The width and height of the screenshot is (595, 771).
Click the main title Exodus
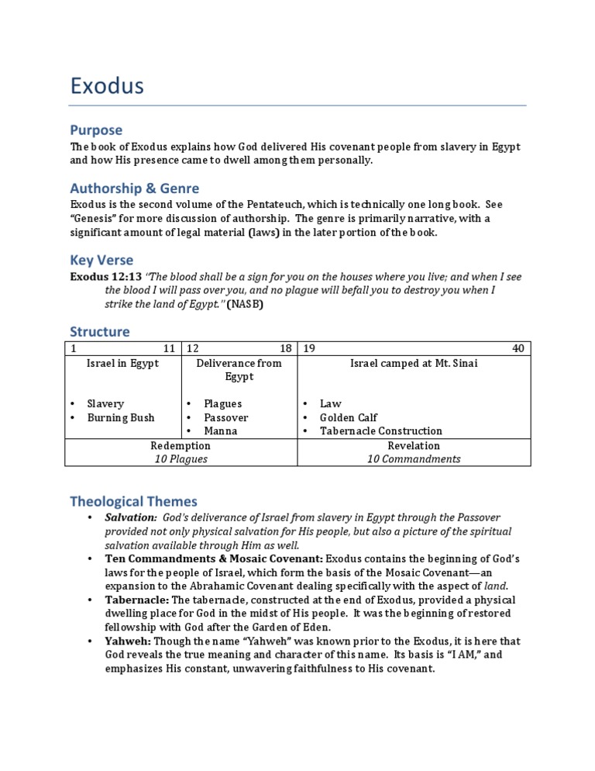coord(107,85)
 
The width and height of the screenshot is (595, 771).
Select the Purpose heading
coord(96,130)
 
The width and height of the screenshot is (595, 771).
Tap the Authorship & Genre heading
coord(134,188)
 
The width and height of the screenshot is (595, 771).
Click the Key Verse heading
coord(101,260)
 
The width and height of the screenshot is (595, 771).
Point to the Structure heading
coord(100,331)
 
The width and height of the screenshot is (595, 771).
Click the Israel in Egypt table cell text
coord(122,363)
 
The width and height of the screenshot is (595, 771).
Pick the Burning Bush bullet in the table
coord(121,417)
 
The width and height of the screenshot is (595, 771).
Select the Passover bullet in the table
coord(226,417)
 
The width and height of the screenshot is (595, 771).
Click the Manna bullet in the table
coord(221,430)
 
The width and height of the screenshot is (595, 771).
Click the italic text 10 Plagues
coord(181,458)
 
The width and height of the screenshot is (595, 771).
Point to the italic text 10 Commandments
coord(414,458)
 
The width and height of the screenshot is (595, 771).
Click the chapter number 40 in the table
coord(518,349)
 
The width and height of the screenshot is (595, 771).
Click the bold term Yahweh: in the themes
coord(129,641)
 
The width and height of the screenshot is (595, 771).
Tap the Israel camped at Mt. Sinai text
coord(414,363)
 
